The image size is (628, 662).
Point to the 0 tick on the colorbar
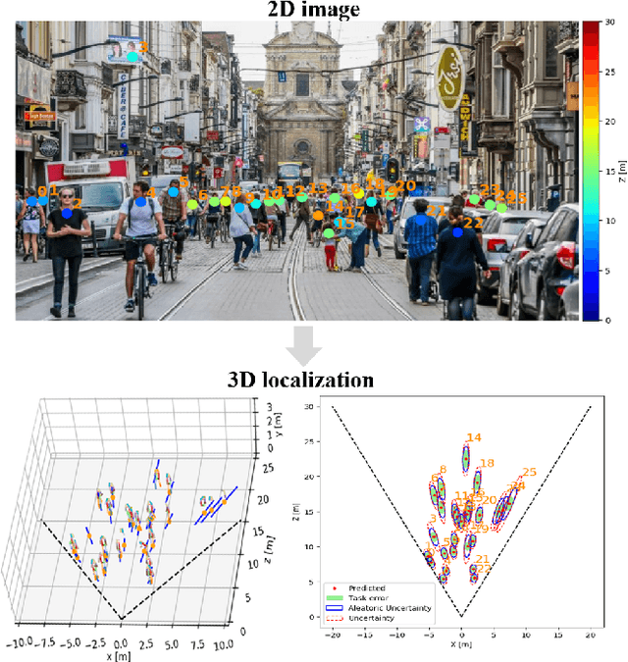(x=608, y=320)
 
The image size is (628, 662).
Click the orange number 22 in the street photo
(x=473, y=223)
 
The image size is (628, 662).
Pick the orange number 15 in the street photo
(x=344, y=224)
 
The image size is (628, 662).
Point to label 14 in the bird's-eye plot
(x=474, y=438)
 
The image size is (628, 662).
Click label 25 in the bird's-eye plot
(x=529, y=473)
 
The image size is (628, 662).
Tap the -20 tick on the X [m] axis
(x=334, y=635)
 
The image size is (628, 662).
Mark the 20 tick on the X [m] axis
(x=591, y=635)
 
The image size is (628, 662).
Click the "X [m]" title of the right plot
(x=461, y=647)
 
